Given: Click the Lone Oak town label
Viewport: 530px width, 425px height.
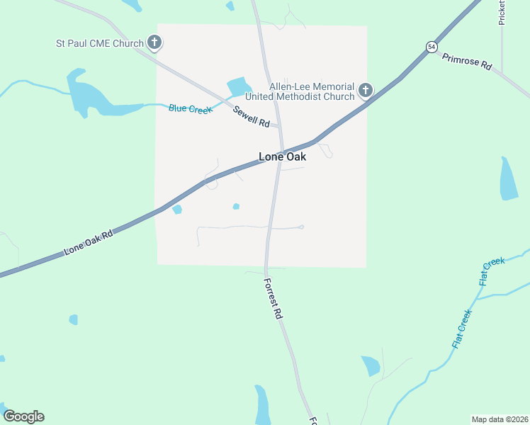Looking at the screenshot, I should pyautogui.click(x=282, y=157).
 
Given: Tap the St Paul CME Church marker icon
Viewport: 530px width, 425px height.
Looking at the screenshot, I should pyautogui.click(x=154, y=43).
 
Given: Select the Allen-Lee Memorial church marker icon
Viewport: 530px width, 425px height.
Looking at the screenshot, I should pyautogui.click(x=366, y=90).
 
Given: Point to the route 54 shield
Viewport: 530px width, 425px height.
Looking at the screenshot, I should pyautogui.click(x=432, y=47).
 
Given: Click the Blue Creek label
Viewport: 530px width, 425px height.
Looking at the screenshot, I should pyautogui.click(x=190, y=108).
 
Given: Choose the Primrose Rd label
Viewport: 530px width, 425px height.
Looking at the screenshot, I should pyautogui.click(x=466, y=62).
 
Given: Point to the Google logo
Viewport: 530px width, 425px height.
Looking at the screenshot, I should pyautogui.click(x=23, y=416).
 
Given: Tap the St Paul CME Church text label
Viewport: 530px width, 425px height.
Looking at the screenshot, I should pyautogui.click(x=100, y=43).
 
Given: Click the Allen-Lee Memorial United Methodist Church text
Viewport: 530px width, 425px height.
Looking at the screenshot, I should pyautogui.click(x=300, y=91).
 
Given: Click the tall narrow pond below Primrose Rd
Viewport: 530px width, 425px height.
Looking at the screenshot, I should pyautogui.click(x=509, y=178).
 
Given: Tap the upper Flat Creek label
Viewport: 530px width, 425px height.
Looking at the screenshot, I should pyautogui.click(x=492, y=271).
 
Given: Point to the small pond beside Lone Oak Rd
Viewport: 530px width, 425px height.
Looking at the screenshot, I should pyautogui.click(x=177, y=209).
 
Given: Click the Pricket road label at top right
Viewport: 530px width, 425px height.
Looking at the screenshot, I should pyautogui.click(x=502, y=13).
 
